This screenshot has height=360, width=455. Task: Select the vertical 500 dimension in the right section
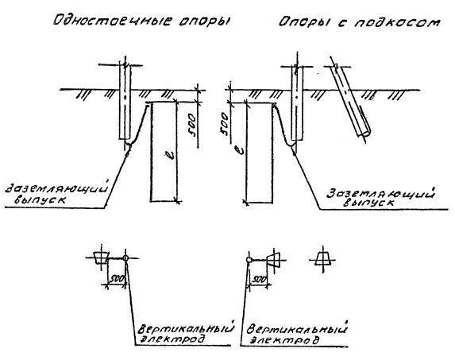(x=224, y=125)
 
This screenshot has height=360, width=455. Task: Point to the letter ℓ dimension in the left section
(x=172, y=156)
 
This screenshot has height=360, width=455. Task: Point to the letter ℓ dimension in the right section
(x=240, y=149)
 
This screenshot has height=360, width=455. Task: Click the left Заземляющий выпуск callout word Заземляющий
(x=56, y=188)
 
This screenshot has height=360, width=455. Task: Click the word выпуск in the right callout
(x=368, y=203)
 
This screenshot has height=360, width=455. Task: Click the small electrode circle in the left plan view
(x=125, y=257)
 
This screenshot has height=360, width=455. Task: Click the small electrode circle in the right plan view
(x=249, y=260)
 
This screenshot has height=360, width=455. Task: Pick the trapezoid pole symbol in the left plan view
(x=101, y=258)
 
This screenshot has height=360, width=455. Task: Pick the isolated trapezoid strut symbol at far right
(x=322, y=259)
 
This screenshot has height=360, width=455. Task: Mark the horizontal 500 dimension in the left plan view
(x=116, y=279)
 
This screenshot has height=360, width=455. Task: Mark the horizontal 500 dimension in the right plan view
(x=258, y=280)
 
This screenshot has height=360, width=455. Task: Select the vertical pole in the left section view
(x=125, y=102)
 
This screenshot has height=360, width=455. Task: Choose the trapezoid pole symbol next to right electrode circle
(x=274, y=260)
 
